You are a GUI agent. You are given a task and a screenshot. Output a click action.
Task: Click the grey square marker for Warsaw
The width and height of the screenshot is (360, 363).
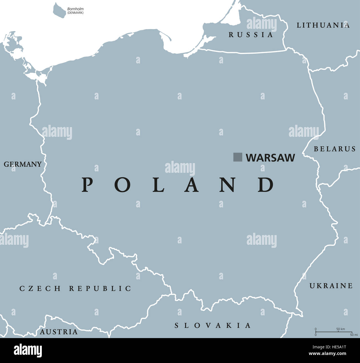[x=238, y=157]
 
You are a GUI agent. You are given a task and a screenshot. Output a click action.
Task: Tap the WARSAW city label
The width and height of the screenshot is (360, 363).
[x=270, y=158]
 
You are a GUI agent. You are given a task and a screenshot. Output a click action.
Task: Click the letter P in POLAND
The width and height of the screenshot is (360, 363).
[x=87, y=185]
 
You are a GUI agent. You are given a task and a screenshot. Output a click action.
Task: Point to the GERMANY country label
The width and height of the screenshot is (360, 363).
[x=23, y=164]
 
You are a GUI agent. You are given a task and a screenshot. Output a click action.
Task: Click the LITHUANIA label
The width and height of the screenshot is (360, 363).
[x=323, y=25]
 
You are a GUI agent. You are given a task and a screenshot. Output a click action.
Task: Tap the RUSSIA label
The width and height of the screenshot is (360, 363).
[x=251, y=35]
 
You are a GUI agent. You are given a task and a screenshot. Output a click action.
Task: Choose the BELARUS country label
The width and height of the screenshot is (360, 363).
[x=335, y=149]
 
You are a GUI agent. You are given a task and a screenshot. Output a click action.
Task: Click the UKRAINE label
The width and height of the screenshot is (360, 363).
[x=331, y=285]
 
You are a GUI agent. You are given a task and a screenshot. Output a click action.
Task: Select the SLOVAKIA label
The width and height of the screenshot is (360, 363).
[x=213, y=325]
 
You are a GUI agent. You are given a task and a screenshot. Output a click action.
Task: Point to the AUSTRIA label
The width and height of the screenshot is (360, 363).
[x=59, y=331]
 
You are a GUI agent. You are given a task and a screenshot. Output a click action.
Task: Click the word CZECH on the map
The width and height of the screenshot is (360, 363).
[x=40, y=288]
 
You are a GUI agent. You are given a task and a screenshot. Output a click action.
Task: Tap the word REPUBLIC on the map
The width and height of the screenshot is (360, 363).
[x=100, y=288]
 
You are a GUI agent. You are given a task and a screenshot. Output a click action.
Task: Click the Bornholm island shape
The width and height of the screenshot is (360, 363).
[x=59, y=10]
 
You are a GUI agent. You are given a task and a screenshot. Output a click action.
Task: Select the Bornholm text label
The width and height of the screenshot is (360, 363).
[x=75, y=9]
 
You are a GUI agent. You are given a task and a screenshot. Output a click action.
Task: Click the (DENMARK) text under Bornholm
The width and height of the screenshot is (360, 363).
[x=75, y=13]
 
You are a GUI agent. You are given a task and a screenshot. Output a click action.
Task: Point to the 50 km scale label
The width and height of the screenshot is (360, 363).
[x=341, y=329]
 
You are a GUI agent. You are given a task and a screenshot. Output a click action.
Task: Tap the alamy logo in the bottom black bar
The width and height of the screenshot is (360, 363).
[x=28, y=350]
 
